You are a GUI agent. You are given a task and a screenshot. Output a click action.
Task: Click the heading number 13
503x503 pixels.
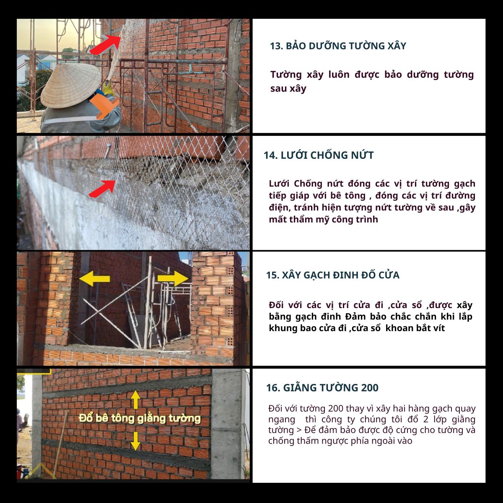point(276,46)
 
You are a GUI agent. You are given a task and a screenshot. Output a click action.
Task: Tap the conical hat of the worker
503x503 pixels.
point(71,85)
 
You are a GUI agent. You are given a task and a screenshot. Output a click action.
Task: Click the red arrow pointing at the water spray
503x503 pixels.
point(105,44)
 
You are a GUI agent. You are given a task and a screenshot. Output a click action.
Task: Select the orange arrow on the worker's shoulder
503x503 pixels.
point(104,106)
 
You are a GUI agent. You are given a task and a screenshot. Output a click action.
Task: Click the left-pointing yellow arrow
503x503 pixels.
point(94,278)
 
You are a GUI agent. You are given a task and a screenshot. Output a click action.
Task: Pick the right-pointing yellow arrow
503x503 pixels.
point(173,278)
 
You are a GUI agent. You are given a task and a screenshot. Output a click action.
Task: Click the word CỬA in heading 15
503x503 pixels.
point(389,275)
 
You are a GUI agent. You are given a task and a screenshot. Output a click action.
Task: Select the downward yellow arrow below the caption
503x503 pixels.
point(135,441)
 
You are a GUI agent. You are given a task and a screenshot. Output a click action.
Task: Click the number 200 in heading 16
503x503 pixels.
point(370,388)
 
